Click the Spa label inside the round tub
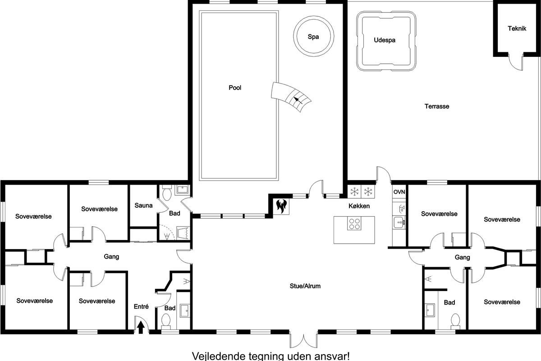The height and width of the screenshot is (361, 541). pos(313,37)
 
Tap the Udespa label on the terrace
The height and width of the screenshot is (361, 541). pos(385,40)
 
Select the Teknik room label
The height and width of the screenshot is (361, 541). pos(517,28)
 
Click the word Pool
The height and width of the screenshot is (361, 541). pos(235,88)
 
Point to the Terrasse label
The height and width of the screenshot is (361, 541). pos(437,106)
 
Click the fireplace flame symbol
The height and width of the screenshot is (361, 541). pos(281,206)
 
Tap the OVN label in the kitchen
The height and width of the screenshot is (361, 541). pos(399,192)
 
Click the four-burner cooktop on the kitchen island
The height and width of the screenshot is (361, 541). pos(354,223)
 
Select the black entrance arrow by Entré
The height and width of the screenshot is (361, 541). pos(141,327)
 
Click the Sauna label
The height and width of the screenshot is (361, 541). pos(143,205)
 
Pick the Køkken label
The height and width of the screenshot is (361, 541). pos(359,206)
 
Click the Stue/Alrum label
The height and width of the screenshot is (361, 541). pos(305,286)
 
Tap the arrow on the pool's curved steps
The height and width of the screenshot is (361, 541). pos(298,100)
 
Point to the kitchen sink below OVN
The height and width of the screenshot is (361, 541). pos(399,222)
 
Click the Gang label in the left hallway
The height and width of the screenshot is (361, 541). pos(111,257)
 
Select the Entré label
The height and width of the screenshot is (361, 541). pos(141,306)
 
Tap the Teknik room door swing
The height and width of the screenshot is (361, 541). pos(516,62)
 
